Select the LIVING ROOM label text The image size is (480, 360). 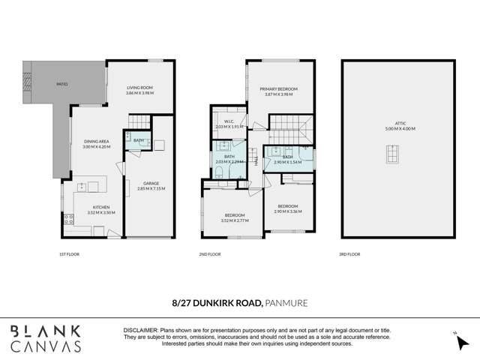click(x=139, y=89)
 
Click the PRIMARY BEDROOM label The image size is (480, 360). click(x=277, y=90)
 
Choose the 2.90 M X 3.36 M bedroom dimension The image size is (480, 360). click(x=287, y=211)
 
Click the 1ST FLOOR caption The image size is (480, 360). click(x=69, y=254)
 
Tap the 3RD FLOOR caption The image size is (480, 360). click(x=349, y=254)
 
